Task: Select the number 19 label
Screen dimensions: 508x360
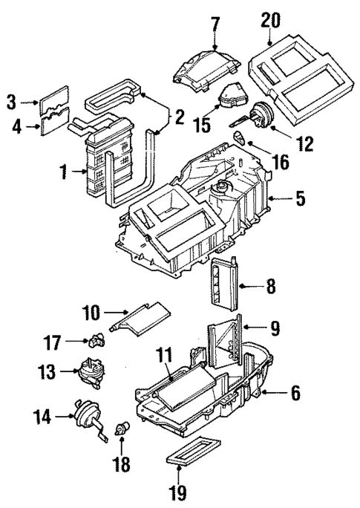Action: (180, 492)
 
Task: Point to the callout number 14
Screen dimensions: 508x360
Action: (42, 418)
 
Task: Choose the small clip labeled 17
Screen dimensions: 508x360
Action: (97, 340)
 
